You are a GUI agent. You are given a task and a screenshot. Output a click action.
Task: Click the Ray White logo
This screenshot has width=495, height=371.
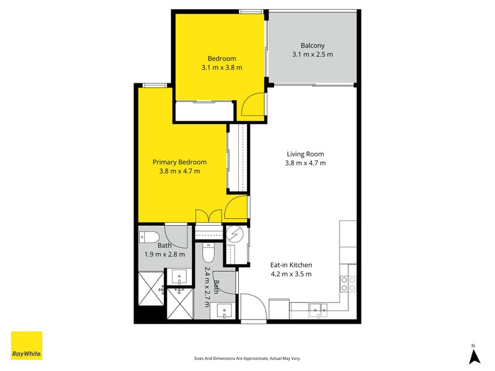27,346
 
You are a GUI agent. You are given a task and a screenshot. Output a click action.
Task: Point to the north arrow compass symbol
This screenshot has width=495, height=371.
473,354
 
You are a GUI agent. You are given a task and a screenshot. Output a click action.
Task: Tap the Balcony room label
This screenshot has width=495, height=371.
312,45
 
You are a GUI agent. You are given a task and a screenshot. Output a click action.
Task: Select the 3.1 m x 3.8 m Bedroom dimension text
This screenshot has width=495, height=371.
222,67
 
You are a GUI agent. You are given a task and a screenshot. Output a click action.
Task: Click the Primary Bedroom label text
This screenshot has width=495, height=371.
179,162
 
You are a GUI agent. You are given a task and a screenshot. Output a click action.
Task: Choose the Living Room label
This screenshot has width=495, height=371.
305,154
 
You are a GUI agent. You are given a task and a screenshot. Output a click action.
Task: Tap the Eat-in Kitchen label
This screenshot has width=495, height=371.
290,265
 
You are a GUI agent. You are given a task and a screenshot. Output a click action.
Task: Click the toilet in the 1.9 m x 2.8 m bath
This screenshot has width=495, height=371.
149,237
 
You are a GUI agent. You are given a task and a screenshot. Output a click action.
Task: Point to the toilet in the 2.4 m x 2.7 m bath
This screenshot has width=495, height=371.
209,253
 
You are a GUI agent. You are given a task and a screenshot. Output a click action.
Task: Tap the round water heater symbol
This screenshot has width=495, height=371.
235,234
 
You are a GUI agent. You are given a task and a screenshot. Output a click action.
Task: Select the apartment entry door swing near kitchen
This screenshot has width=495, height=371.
252,307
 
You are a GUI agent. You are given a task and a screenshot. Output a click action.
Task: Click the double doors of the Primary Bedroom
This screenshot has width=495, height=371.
209,216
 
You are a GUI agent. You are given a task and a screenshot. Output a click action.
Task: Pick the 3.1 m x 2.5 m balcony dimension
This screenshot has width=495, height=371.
312,54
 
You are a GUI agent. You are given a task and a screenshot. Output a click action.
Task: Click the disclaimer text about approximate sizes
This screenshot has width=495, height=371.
247,359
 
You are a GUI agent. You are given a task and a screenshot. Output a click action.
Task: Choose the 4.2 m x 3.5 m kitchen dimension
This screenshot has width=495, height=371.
290,274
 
